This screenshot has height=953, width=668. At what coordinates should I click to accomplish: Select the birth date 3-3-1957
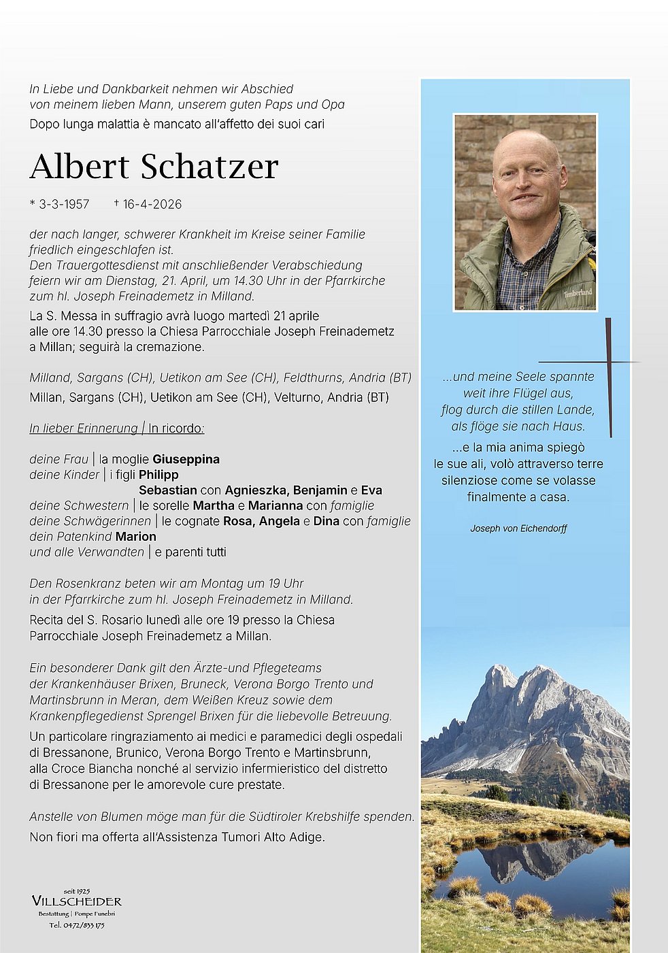pyautogui.click(x=64, y=204)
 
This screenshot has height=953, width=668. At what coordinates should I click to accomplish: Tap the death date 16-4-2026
pyautogui.click(x=152, y=204)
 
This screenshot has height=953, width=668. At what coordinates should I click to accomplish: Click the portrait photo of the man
pyautogui.click(x=525, y=212)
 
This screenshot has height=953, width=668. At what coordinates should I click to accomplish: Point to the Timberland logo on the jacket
pyautogui.click(x=577, y=292)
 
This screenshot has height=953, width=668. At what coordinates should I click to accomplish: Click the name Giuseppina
pyautogui.click(x=186, y=459)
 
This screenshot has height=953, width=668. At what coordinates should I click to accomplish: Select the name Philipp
pyautogui.click(x=158, y=475)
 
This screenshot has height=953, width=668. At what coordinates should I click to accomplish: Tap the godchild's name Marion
pyautogui.click(x=135, y=537)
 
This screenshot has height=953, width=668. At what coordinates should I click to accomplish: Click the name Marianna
pyautogui.click(x=275, y=506)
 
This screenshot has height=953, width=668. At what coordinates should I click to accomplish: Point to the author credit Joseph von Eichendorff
pyautogui.click(x=518, y=529)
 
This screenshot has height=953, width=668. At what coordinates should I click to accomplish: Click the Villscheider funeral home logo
pyautogui.click(x=77, y=901)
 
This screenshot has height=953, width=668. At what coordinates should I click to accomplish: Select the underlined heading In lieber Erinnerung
pyautogui.click(x=84, y=429)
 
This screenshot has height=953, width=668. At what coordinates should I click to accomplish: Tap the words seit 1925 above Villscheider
pyautogui.click(x=77, y=890)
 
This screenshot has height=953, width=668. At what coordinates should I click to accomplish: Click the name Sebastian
pyautogui.click(x=168, y=490)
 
